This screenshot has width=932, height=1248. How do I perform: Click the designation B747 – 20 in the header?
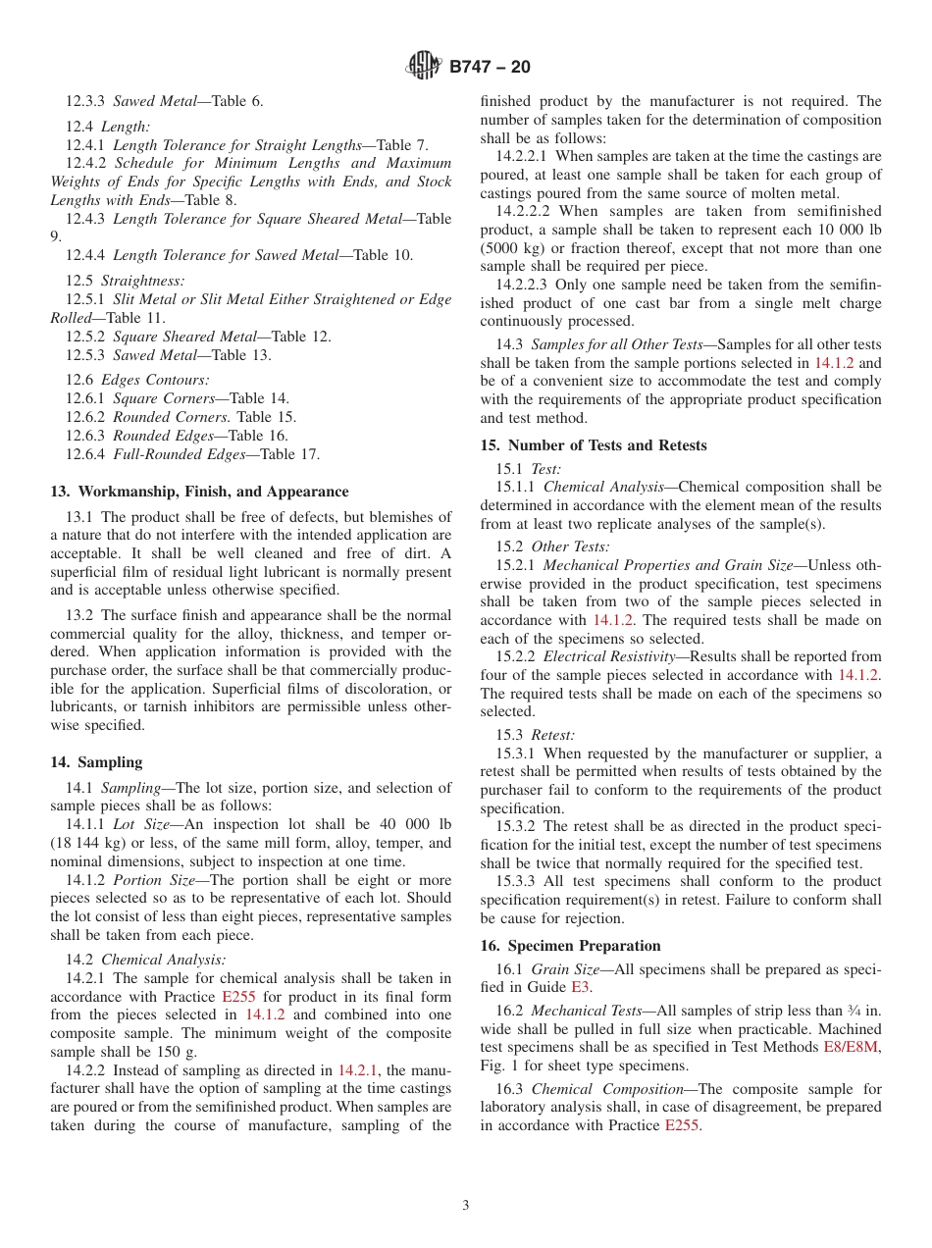pos(490,67)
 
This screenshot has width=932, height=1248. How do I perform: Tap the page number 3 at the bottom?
pos(466,1206)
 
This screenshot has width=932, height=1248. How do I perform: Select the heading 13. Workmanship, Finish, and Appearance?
pos(199,492)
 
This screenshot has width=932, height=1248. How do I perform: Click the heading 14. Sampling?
pos(96,762)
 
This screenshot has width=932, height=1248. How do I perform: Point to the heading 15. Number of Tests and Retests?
pos(593,445)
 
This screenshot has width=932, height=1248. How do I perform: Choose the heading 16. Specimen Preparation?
pos(570,946)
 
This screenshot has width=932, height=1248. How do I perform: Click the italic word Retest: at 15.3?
pos(553,735)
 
